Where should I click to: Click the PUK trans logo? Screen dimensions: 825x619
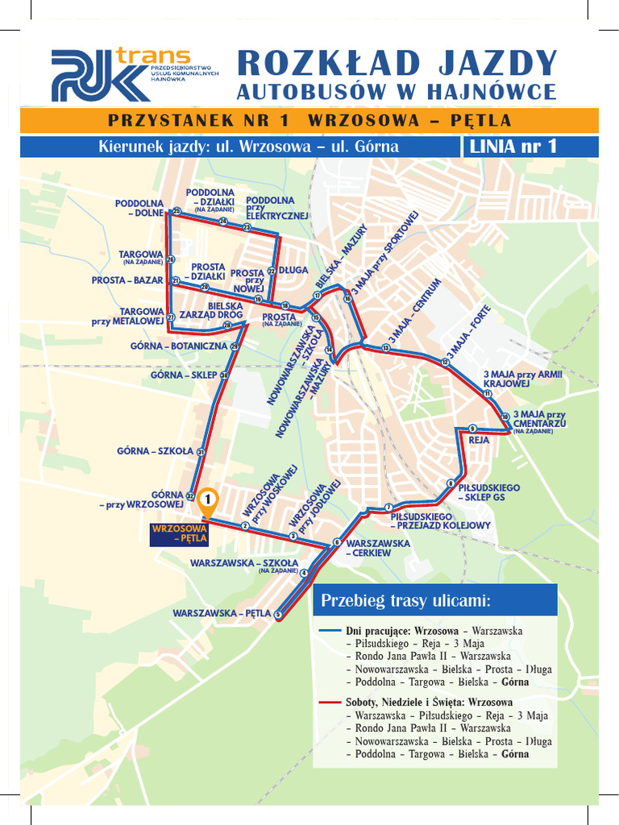[121, 74]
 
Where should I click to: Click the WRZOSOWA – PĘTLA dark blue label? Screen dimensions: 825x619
[180, 533]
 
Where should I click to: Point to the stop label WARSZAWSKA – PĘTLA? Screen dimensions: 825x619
[222, 613]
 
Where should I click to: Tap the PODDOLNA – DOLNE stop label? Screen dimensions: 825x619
[139, 209]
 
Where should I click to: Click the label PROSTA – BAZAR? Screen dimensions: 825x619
[127, 280]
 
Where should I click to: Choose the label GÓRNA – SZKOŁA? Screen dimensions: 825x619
[155, 451]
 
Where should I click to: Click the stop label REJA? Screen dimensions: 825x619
[479, 440]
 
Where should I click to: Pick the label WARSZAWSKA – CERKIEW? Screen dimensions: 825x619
[377, 548]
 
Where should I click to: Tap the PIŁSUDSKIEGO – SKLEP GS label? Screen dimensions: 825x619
[488, 493]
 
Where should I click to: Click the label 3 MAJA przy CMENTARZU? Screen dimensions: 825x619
[539, 420]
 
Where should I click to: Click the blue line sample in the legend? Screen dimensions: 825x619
[330, 631]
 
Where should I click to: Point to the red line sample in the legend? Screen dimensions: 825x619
[330, 703]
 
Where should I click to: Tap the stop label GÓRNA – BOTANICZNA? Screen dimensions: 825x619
[179, 346]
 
